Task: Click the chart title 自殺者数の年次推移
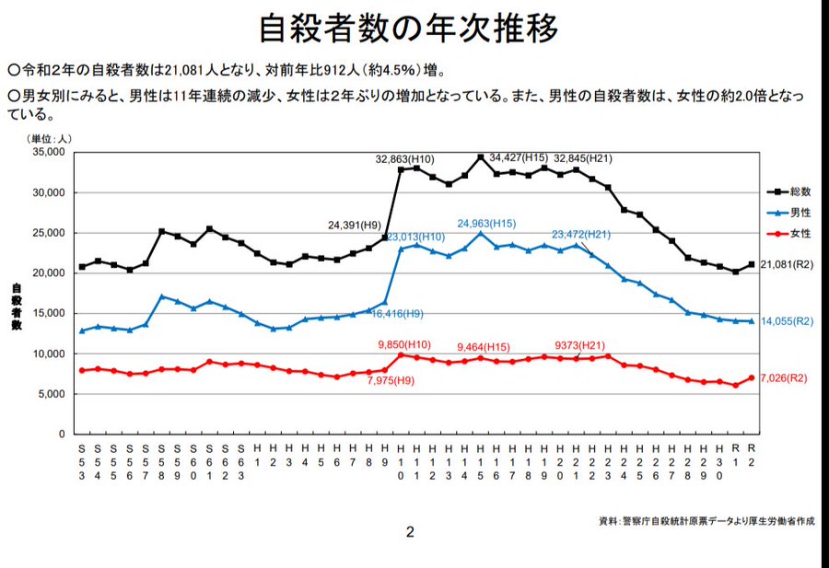(409, 29)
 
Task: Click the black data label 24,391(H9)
(355, 224)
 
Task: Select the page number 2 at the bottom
(410, 531)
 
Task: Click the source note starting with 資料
(706, 521)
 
